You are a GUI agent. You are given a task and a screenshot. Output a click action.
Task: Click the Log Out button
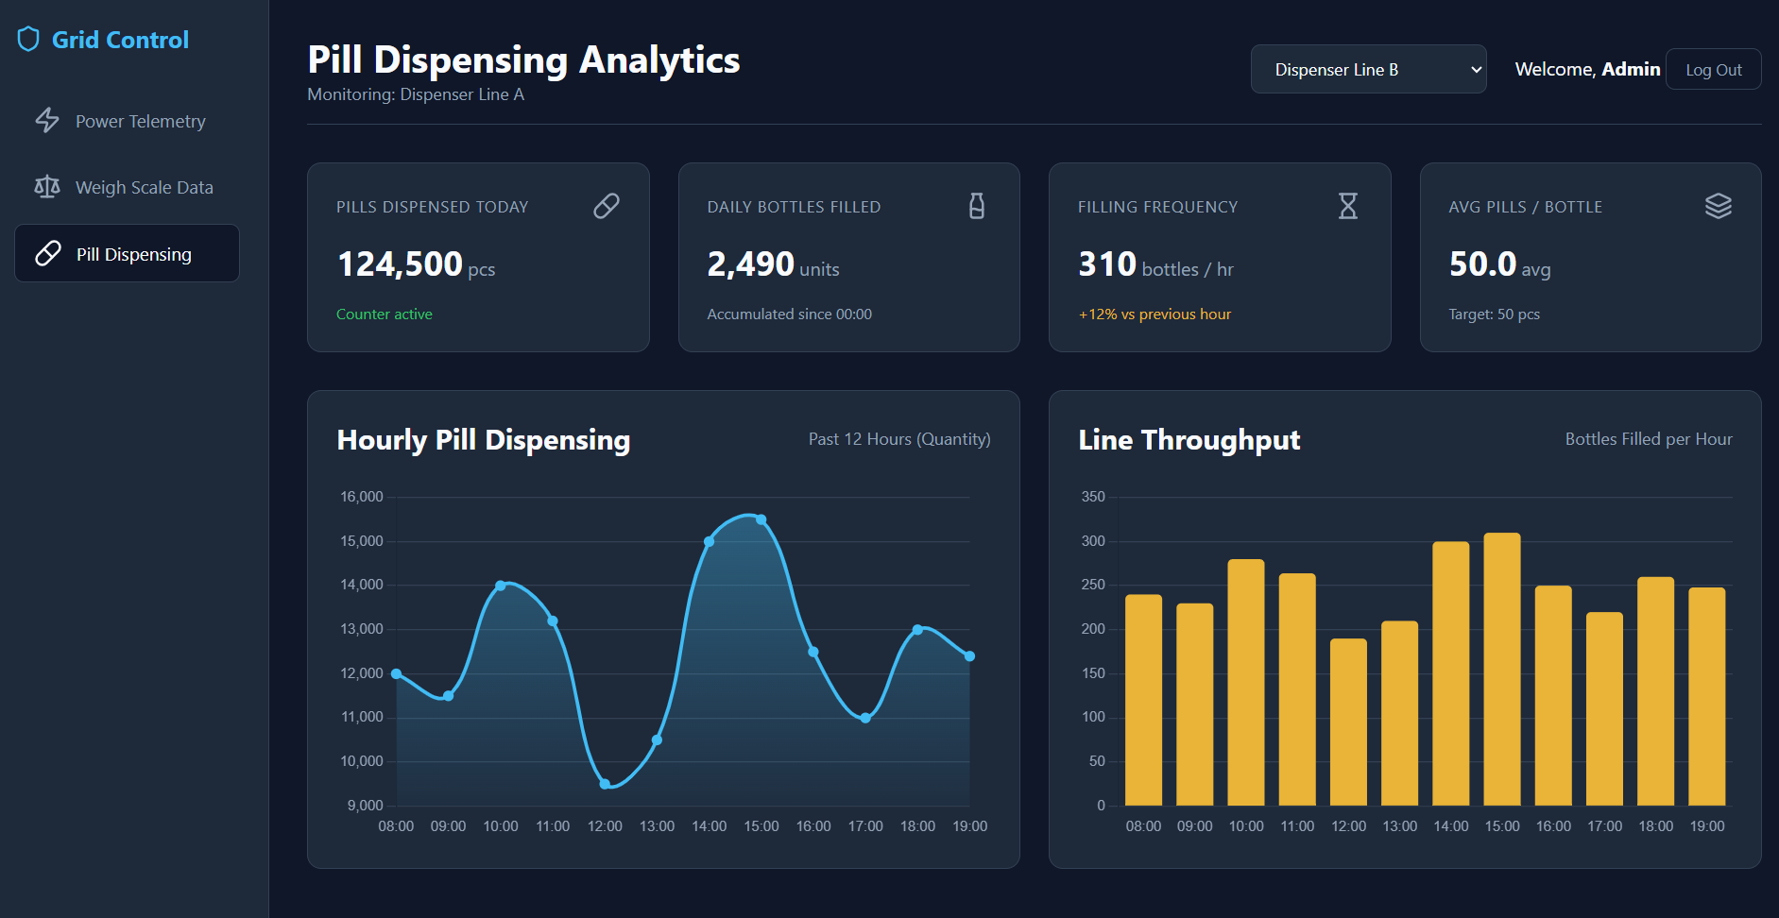(1713, 69)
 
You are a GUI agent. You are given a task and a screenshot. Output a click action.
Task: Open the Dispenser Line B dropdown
(1368, 69)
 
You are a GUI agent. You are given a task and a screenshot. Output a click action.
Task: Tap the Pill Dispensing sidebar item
(127, 253)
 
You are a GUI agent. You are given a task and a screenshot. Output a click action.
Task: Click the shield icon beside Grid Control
(28, 40)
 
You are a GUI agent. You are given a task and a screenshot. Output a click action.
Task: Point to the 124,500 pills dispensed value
(400, 264)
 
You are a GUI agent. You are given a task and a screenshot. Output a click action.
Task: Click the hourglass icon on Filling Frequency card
(1347, 206)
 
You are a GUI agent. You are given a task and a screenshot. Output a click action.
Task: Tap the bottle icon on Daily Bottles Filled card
(977, 206)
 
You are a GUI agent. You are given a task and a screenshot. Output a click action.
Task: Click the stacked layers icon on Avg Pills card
(1719, 206)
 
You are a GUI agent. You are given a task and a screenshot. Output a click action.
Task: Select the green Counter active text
(385, 314)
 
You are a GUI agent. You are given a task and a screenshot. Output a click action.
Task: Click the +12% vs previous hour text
(1155, 314)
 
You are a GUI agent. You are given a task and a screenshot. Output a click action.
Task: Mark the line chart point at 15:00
(761, 519)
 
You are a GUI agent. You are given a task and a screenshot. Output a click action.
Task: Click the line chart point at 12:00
(605, 784)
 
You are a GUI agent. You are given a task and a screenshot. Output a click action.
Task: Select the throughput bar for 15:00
(1502, 669)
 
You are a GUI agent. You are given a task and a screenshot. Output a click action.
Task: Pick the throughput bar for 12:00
(1348, 722)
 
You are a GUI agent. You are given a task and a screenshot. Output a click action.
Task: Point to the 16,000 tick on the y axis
(362, 497)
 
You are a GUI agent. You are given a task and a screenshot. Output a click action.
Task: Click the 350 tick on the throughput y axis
(1093, 497)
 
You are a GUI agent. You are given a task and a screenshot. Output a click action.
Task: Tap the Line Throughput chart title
(1189, 440)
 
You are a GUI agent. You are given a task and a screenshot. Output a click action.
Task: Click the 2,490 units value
(773, 265)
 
